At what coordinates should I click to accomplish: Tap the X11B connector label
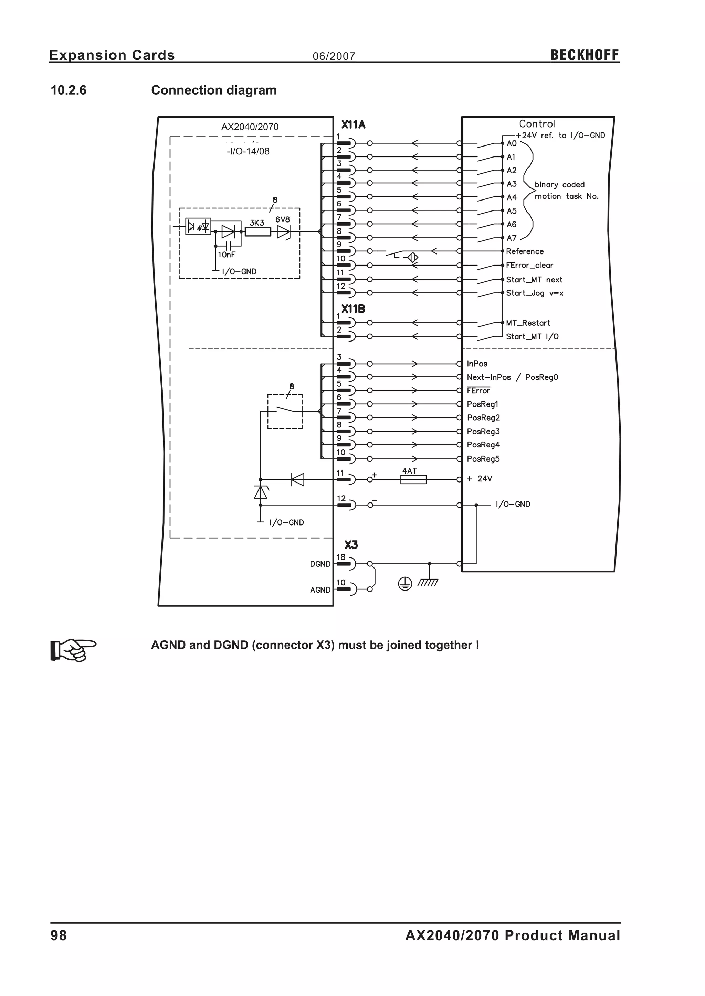click(x=352, y=309)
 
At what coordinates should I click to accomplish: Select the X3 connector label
click(x=351, y=545)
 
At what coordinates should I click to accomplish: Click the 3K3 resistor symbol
click(x=257, y=232)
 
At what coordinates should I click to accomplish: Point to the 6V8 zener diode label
click(x=282, y=219)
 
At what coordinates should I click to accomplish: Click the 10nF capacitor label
click(x=226, y=255)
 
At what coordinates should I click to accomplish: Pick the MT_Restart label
click(x=527, y=323)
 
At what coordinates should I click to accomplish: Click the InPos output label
click(x=477, y=364)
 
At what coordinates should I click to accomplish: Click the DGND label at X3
click(x=320, y=564)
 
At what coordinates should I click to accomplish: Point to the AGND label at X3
click(x=320, y=590)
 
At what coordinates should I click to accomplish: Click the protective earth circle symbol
click(x=404, y=585)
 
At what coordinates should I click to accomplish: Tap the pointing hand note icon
click(x=73, y=649)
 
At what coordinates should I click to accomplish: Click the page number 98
click(x=59, y=935)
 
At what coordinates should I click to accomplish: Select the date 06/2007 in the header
click(x=334, y=56)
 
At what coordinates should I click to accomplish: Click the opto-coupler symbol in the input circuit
click(x=198, y=226)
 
